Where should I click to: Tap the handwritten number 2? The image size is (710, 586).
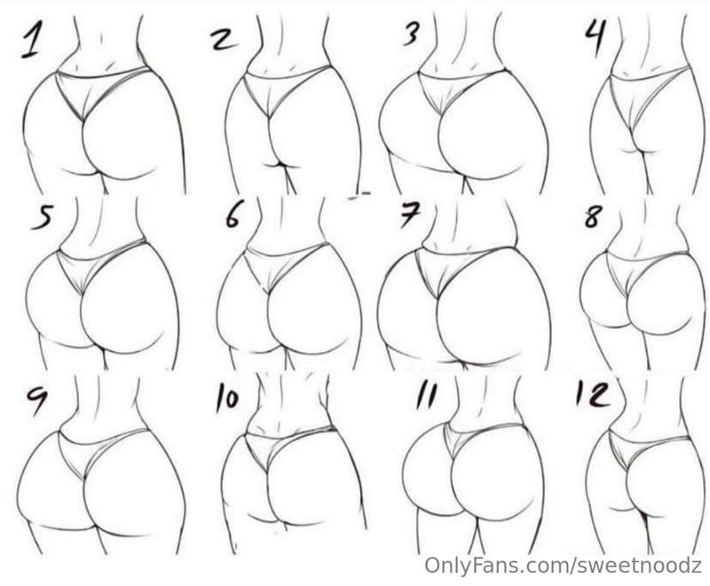point(225,39)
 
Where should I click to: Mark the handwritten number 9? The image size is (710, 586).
point(37,399)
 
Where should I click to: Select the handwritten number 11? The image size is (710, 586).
point(427,396)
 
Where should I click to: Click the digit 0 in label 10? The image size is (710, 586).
point(232,400)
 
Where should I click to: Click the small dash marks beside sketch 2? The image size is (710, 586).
point(359,194)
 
